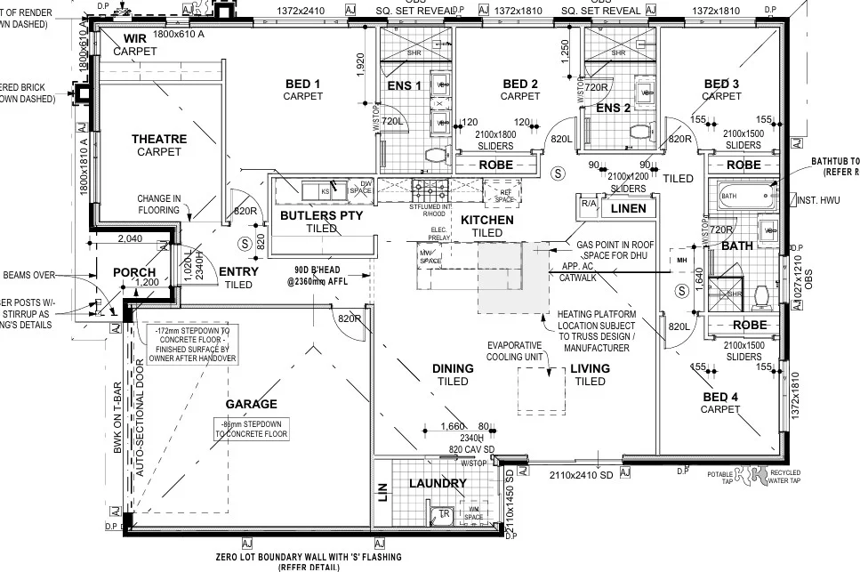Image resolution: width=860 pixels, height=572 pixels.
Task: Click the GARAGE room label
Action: [x=251, y=404]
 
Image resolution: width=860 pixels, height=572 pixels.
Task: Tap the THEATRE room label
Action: [x=159, y=139]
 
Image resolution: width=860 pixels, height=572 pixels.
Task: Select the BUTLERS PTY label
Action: [x=321, y=215]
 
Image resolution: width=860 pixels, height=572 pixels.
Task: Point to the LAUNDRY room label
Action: [x=438, y=483]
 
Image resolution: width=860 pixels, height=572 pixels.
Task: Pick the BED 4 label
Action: [x=719, y=396]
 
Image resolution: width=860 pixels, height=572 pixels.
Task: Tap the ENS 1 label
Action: [x=404, y=85]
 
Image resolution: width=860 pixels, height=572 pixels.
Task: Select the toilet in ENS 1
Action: [x=436, y=154]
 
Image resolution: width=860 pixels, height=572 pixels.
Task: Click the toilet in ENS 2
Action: [x=637, y=130]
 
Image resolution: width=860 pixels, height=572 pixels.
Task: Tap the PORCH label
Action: [x=134, y=272]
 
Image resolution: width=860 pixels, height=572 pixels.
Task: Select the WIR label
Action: [x=135, y=39]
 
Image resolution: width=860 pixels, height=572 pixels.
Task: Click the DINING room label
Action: [x=453, y=368]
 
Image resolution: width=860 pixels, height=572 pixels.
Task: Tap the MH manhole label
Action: [x=682, y=261]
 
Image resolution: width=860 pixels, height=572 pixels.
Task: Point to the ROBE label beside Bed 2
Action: [x=497, y=165]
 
